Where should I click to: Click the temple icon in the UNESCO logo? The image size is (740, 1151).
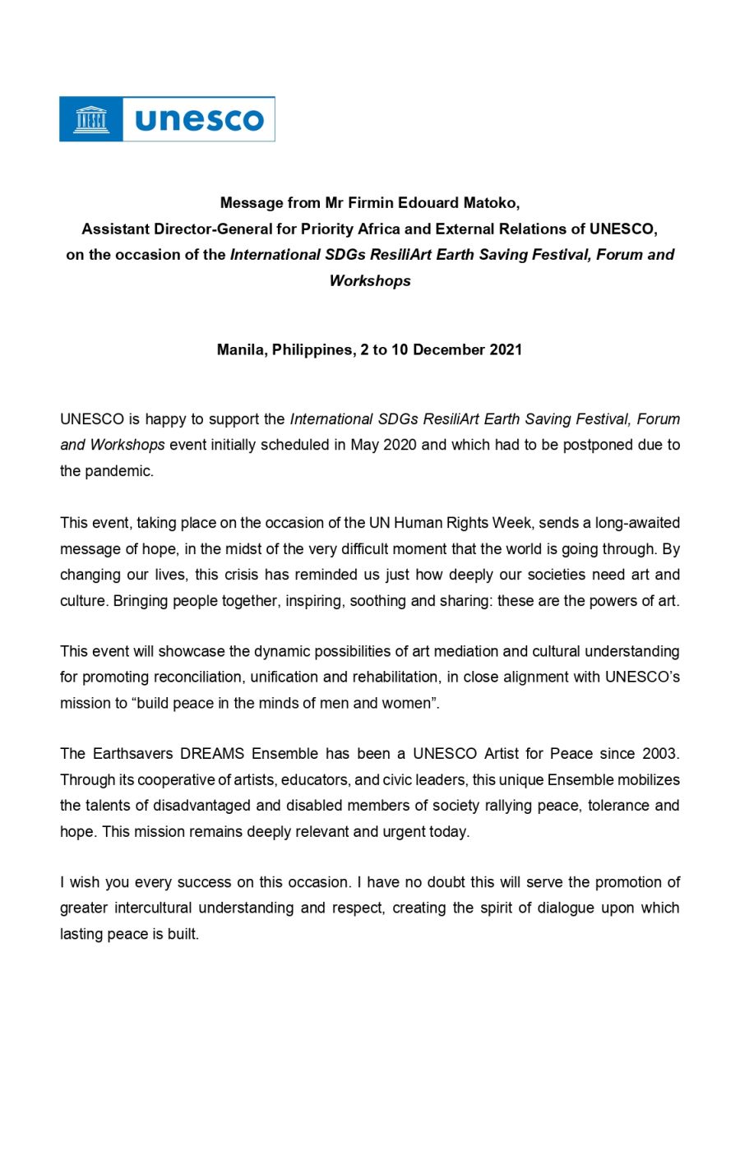[x=91, y=119]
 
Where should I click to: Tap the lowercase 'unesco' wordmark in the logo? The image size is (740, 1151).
[x=199, y=120]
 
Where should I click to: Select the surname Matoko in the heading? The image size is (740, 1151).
[x=491, y=202]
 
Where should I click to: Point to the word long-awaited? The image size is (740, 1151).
[x=634, y=523]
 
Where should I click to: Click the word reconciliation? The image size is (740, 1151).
[x=197, y=677]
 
